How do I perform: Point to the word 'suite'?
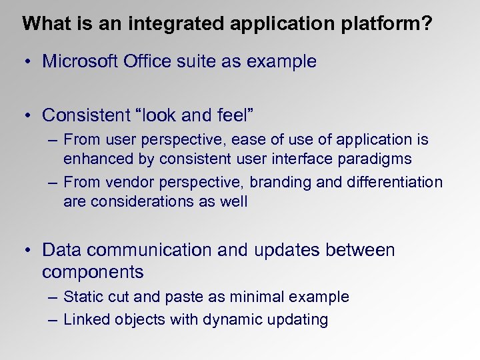pyautogui.click(x=202, y=61)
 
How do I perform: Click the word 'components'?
pyautogui.click(x=93, y=272)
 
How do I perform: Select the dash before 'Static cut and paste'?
pyautogui.click(x=53, y=297)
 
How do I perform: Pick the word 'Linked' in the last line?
pyautogui.click(x=87, y=319)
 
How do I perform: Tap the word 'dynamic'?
pyautogui.click(x=230, y=319)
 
